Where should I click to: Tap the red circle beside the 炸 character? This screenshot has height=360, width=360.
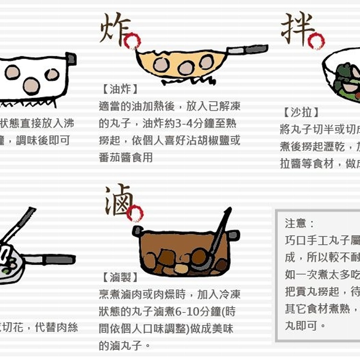[x=132, y=41]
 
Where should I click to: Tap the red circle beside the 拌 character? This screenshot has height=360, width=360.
[x=316, y=41]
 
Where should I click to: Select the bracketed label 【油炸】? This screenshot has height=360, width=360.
[x=120, y=89]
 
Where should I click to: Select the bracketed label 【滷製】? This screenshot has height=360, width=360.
[x=120, y=277]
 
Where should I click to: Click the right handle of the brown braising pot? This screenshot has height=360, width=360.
[x=234, y=235]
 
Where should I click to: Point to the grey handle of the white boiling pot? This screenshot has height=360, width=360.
[x=71, y=59]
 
